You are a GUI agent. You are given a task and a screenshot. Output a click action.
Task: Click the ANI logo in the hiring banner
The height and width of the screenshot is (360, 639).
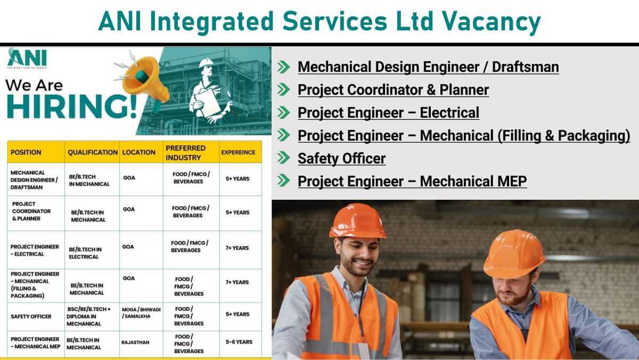pyautogui.click(x=27, y=58)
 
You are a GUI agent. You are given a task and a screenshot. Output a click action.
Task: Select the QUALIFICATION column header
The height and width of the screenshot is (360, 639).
pyautogui.click(x=93, y=152)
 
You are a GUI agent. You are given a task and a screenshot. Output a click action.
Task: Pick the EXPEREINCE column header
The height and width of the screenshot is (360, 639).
pyautogui.click(x=238, y=152)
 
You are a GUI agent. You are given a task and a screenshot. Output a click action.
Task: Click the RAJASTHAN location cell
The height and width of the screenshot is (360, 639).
pyautogui.click(x=136, y=342)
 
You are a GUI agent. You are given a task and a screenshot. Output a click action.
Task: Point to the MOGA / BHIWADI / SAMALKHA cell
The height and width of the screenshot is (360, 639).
pyautogui.click(x=140, y=313)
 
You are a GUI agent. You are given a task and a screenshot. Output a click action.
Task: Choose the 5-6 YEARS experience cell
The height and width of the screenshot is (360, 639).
pyautogui.click(x=239, y=342)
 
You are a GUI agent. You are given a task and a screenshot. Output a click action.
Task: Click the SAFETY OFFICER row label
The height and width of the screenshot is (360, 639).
pyautogui.click(x=31, y=316)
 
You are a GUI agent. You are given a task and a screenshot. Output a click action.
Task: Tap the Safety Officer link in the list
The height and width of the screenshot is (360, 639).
pyautogui.click(x=341, y=158)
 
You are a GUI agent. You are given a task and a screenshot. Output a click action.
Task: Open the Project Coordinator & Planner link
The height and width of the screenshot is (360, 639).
pyautogui.click(x=393, y=90)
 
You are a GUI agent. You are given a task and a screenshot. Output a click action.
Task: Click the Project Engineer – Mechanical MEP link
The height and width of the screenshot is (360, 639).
pyautogui.click(x=412, y=181)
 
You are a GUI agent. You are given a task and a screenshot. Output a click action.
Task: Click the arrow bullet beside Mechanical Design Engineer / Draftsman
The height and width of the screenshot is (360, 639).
pyautogui.click(x=284, y=67)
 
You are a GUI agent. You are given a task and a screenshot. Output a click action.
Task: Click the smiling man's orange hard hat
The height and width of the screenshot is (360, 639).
pyautogui.click(x=357, y=220)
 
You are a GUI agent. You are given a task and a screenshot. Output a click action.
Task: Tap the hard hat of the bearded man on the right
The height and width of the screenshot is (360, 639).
pyautogui.click(x=514, y=253)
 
